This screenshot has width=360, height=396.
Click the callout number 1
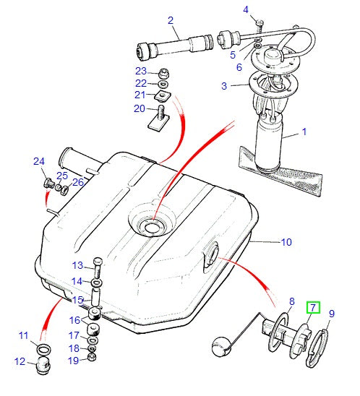304,132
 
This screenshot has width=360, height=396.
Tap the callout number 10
286,241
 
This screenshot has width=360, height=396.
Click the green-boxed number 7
312,308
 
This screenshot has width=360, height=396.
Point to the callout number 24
38,161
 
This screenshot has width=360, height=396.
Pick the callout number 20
139,108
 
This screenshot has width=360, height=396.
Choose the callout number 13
78,264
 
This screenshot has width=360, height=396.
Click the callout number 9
332,314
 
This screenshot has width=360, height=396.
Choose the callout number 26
77,182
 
